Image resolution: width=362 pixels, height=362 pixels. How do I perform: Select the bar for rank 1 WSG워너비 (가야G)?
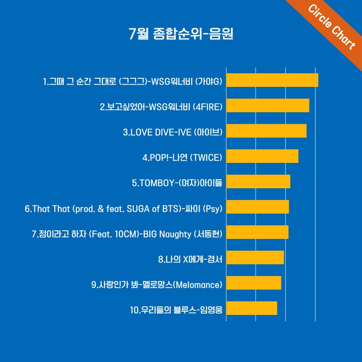[272, 80]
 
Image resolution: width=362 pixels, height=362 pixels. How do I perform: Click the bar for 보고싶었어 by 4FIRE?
[267, 105]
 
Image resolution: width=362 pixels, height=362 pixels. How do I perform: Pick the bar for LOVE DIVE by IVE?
[266, 131]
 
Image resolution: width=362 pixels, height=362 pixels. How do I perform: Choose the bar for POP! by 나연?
[262, 156]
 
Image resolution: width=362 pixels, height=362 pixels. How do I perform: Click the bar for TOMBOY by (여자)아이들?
[258, 181]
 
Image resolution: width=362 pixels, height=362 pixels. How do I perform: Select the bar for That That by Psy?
[257, 207]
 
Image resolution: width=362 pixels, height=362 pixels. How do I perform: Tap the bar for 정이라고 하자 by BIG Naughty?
[257, 232]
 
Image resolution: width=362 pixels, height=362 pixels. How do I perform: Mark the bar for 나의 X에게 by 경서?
[255, 257]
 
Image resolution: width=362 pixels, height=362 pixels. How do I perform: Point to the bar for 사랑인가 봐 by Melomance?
[253, 283]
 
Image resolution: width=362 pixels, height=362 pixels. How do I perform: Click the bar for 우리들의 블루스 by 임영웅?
[251, 308]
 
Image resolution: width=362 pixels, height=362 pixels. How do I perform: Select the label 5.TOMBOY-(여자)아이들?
[177, 183]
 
